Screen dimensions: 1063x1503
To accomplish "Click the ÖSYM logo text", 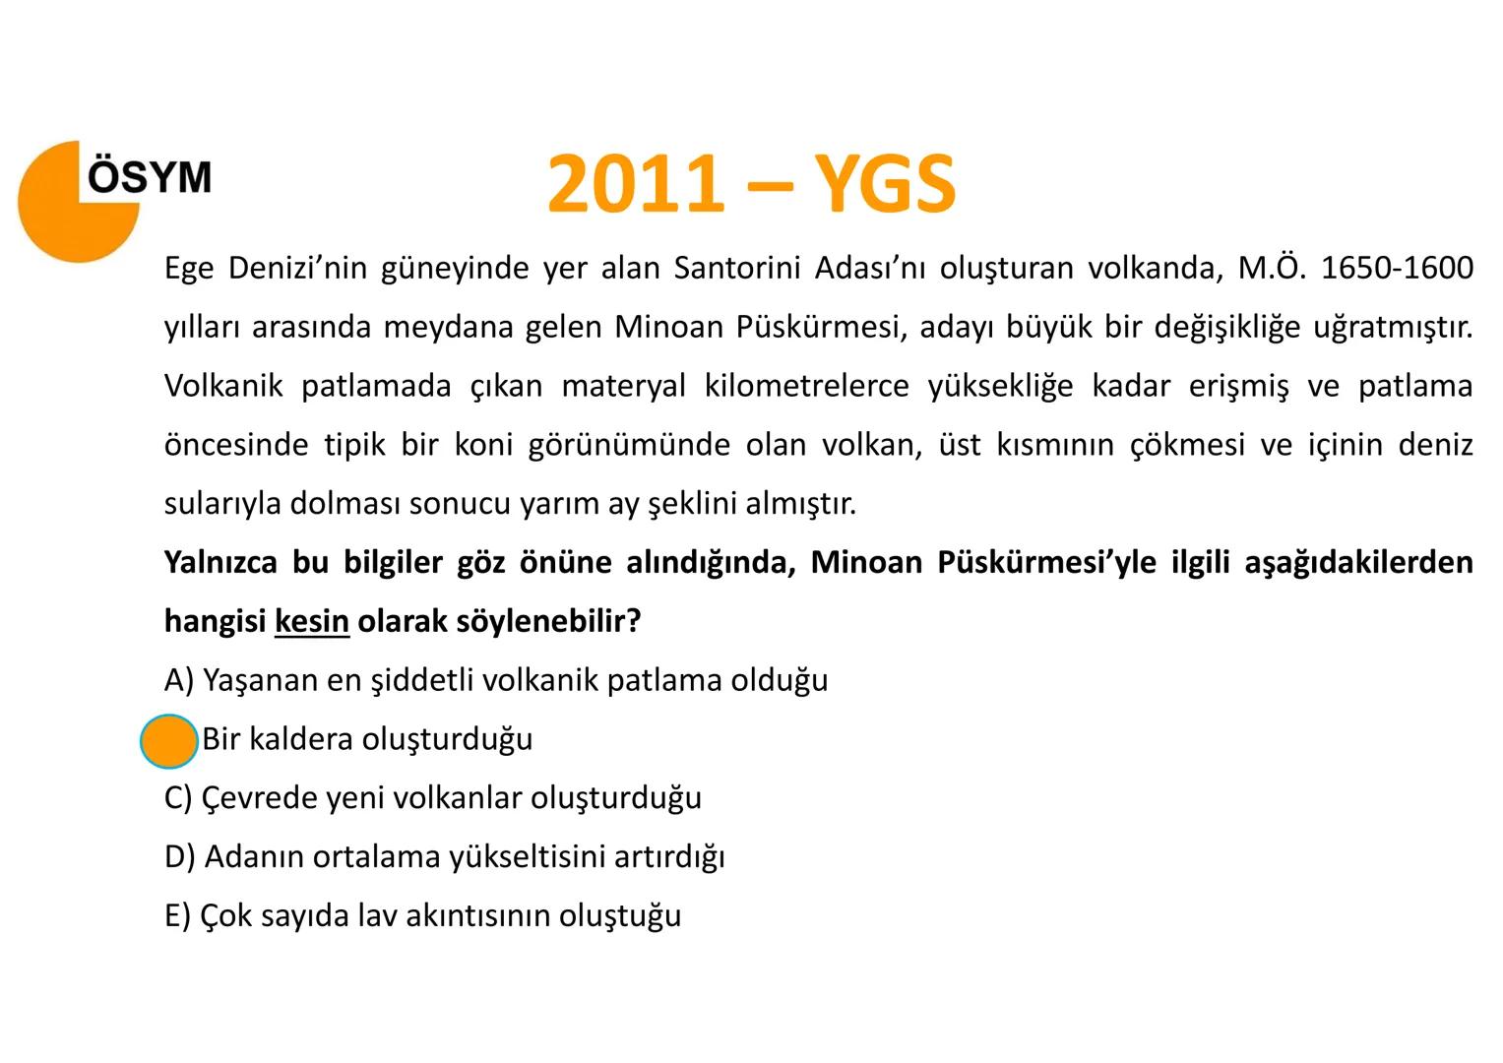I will click(x=150, y=177).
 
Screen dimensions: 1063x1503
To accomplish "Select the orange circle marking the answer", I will click(x=169, y=741).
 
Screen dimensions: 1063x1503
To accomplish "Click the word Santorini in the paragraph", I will click(x=735, y=268).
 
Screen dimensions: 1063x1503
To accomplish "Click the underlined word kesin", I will click(x=312, y=622).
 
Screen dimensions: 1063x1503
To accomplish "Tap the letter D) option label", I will click(x=181, y=857).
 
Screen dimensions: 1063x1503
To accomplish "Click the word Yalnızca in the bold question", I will click(x=219, y=563).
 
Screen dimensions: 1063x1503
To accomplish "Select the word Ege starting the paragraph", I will click(x=188, y=269).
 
